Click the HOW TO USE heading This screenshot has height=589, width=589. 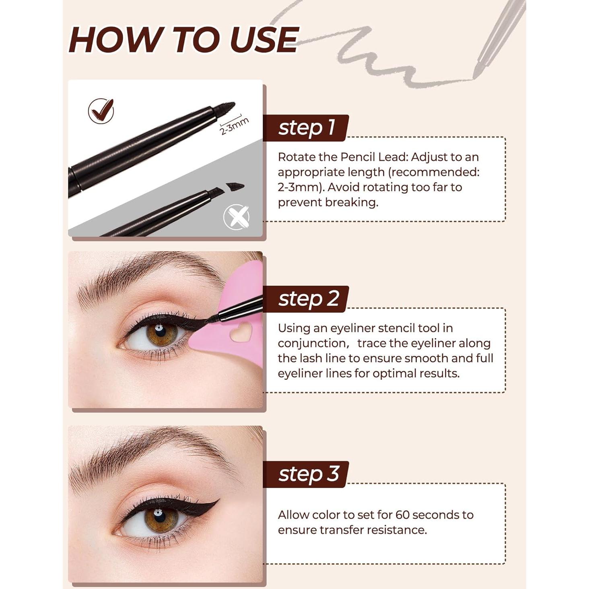[183, 39]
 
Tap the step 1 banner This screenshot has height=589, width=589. [306, 128]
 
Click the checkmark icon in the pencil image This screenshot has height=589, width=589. [101, 111]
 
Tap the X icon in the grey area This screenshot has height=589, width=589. [237, 217]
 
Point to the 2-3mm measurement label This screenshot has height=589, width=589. [234, 126]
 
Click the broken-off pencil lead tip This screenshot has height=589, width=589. [235, 187]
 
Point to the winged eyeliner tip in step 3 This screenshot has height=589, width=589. [217, 501]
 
